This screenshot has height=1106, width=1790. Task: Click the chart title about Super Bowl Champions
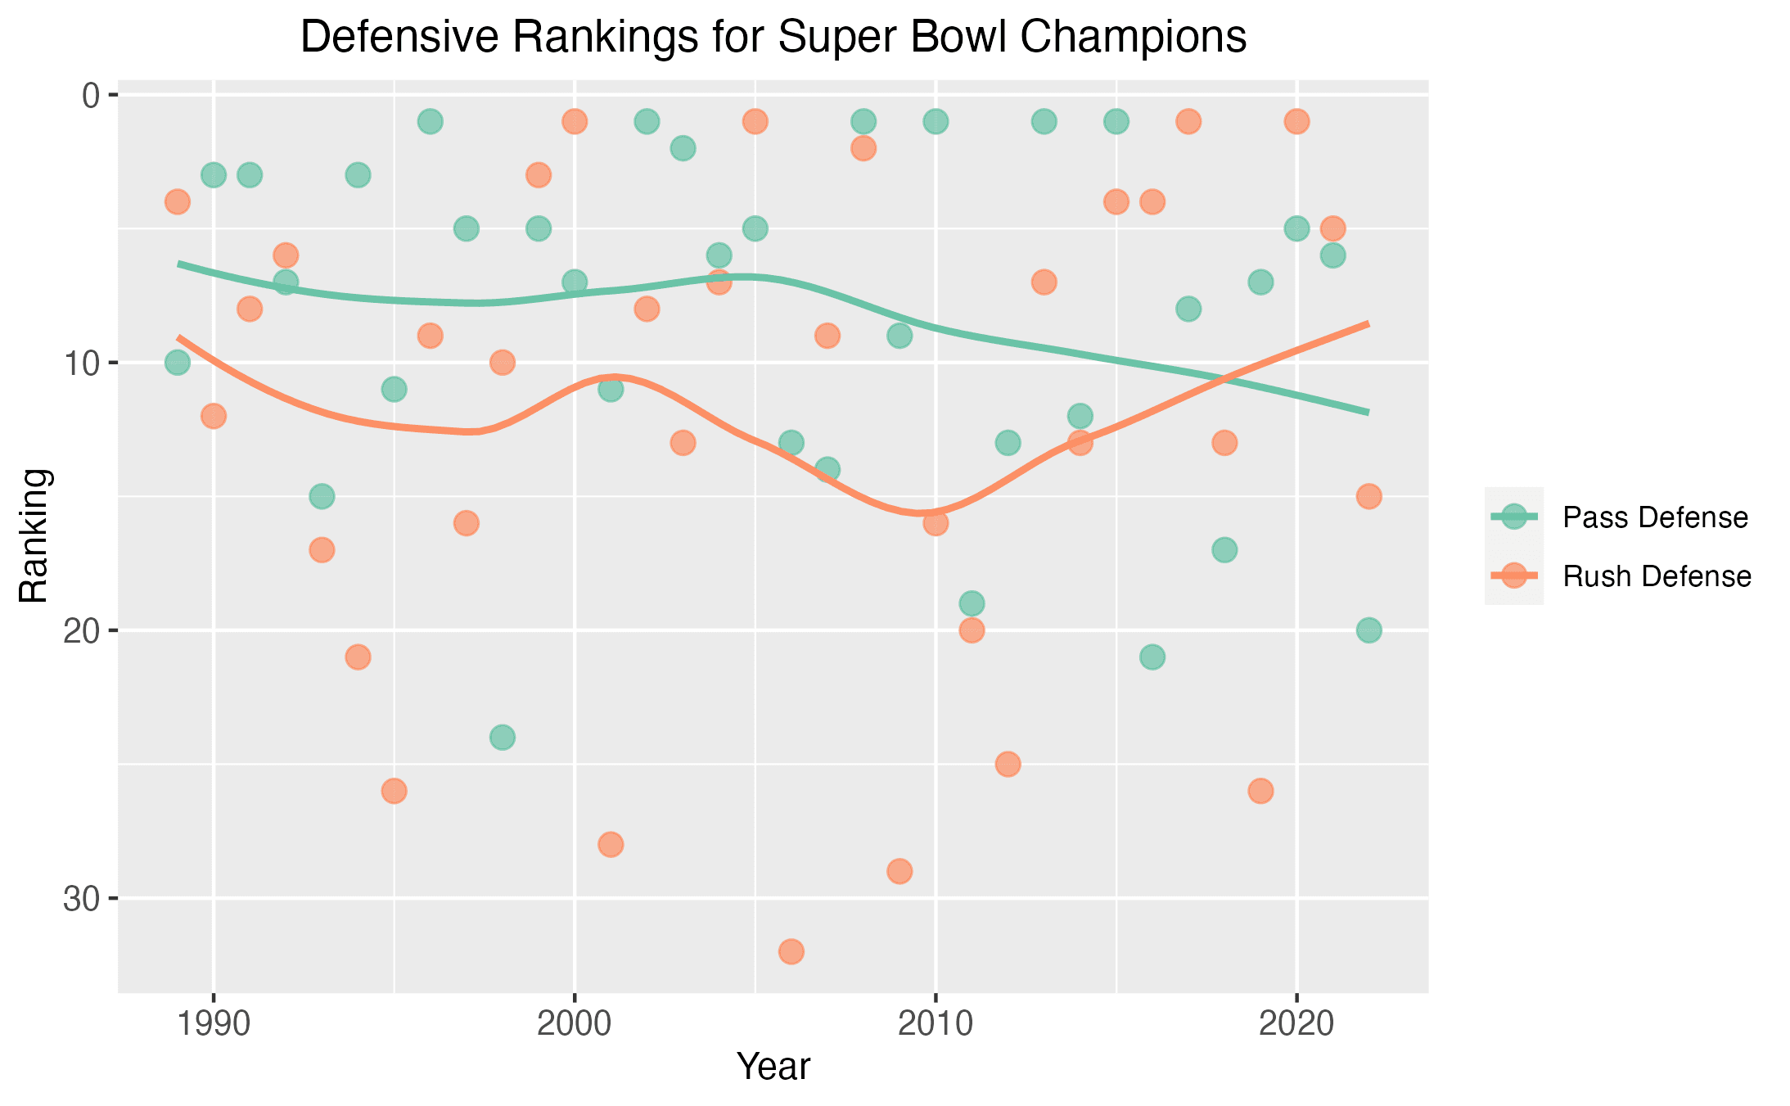(x=773, y=38)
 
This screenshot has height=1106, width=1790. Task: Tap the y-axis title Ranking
(x=34, y=536)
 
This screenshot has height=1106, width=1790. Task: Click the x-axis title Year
(x=773, y=1067)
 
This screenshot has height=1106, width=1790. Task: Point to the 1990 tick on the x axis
(x=214, y=1024)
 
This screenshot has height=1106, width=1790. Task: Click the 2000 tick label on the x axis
(x=575, y=1024)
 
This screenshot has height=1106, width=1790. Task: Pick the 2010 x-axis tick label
(x=936, y=1024)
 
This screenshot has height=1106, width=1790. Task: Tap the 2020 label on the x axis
(x=1296, y=1024)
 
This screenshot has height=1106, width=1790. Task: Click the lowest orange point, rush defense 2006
(x=791, y=951)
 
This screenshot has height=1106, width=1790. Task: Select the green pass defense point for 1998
(x=503, y=738)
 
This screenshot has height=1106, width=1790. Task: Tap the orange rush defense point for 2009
(x=900, y=871)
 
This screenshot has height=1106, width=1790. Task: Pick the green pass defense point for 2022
(x=1368, y=630)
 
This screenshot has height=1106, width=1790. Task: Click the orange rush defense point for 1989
(x=178, y=201)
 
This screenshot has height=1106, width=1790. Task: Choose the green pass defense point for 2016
(x=1152, y=657)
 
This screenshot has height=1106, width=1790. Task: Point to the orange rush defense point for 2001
(x=611, y=844)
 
